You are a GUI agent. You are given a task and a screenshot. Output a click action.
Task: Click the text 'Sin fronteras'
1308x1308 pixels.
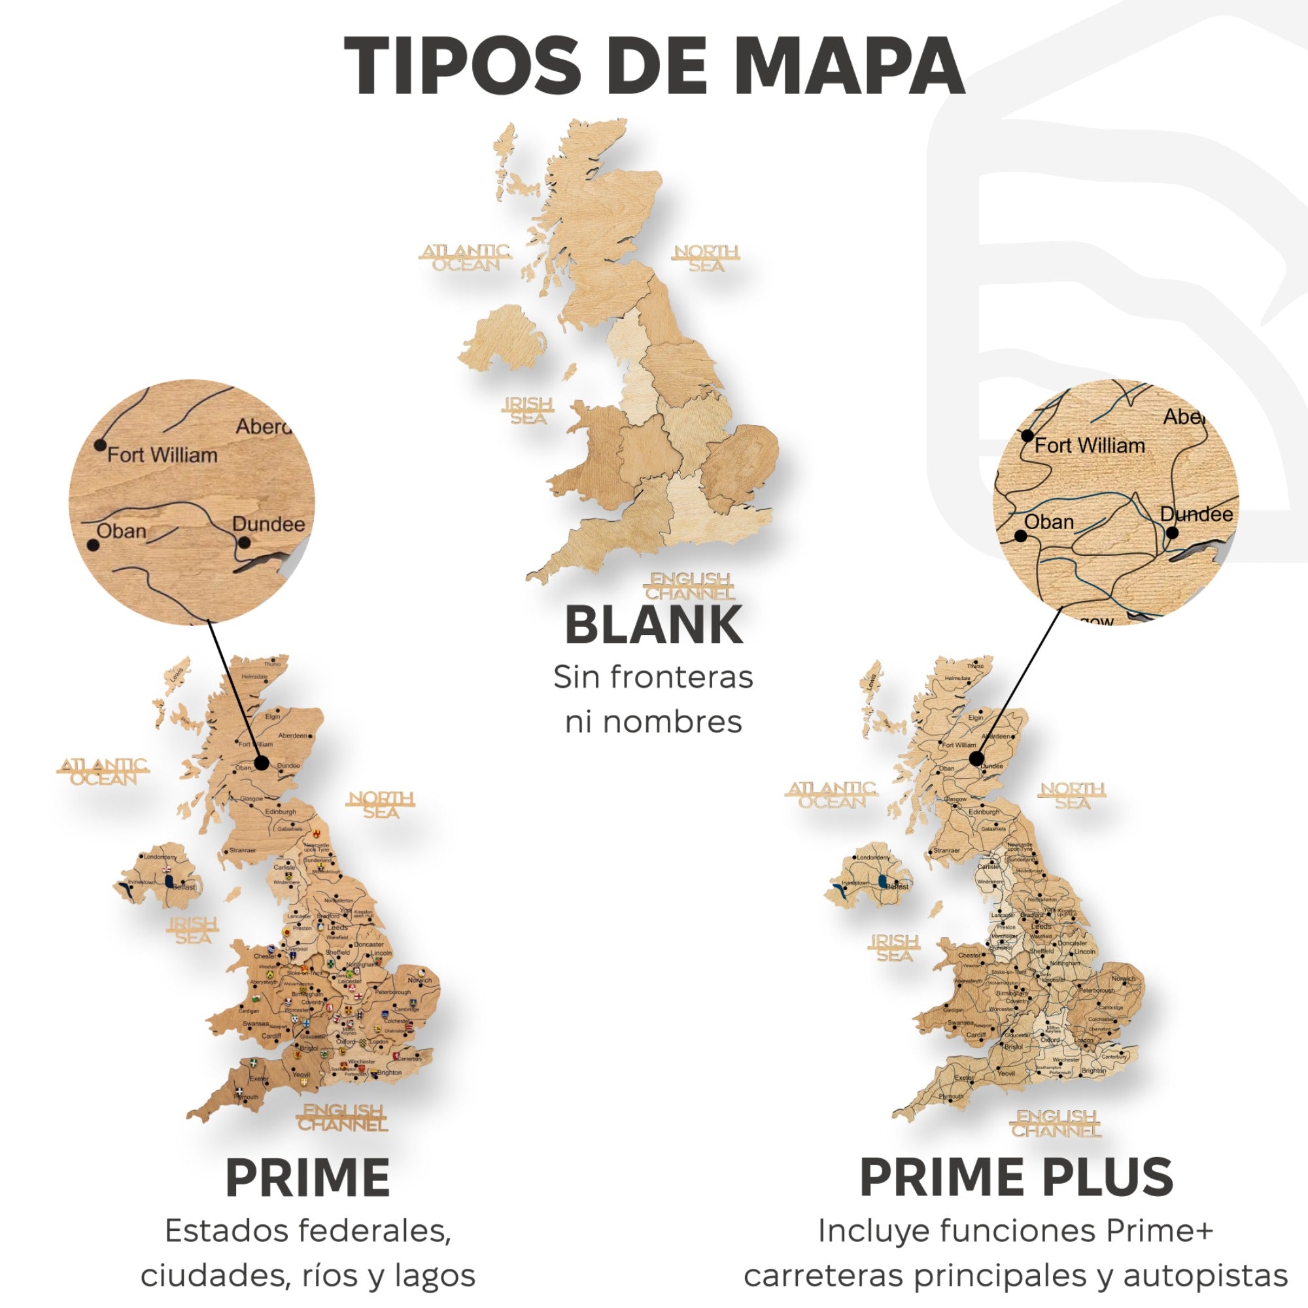tap(653, 677)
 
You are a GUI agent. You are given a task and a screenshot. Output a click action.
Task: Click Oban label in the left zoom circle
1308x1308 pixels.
tap(121, 531)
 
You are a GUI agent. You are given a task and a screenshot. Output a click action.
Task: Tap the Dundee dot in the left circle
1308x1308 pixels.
tap(245, 542)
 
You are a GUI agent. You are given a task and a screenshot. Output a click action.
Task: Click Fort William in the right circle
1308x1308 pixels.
tap(1090, 445)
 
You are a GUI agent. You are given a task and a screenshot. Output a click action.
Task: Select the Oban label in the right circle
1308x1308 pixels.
tap(1049, 522)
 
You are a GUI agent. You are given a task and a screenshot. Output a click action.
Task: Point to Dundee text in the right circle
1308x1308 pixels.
tap(1196, 515)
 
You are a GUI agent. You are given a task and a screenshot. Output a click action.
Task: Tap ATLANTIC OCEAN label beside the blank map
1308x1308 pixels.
tap(465, 258)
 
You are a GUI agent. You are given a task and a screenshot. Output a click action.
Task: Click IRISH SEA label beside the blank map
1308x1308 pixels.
tap(528, 411)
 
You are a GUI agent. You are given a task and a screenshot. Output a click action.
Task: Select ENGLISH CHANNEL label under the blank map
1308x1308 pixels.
tap(691, 586)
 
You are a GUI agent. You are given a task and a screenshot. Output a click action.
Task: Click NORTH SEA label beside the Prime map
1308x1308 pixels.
tap(381, 805)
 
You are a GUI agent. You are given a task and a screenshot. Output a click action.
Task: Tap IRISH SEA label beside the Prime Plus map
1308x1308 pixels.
tap(894, 948)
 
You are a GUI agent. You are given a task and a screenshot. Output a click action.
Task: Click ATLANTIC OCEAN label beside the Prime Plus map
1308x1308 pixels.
tap(832, 795)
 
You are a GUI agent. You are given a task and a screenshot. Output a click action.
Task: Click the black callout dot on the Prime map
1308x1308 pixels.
tap(262, 763)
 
